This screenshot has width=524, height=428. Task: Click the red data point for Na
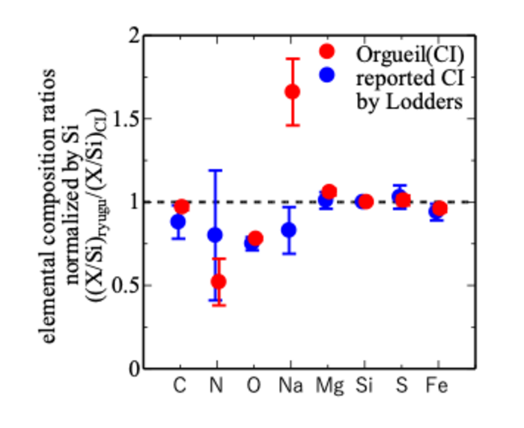point(292,91)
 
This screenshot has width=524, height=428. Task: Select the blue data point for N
point(215,235)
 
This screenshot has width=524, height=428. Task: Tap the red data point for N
point(219,281)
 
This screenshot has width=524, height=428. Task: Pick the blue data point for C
point(178,221)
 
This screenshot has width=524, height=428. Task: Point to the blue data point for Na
point(288,230)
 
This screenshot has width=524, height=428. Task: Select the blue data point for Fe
point(436,212)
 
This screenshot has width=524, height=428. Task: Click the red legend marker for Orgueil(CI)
point(326,51)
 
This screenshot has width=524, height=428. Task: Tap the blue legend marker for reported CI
point(326,74)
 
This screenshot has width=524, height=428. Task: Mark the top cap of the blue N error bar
point(215,171)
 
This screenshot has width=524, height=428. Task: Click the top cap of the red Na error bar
point(292,58)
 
